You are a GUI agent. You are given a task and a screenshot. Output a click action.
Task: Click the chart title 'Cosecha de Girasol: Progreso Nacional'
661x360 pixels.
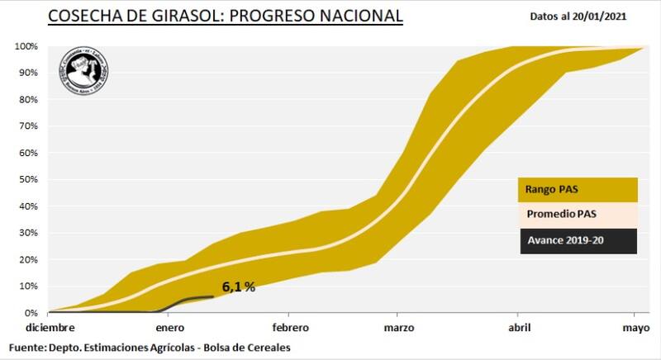[x=226, y=16]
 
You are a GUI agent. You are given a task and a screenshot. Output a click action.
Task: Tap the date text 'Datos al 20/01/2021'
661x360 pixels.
[x=588, y=16]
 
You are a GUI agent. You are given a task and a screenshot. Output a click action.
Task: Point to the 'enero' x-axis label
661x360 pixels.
[x=169, y=327]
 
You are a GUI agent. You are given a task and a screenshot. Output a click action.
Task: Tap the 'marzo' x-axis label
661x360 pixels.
[x=399, y=327]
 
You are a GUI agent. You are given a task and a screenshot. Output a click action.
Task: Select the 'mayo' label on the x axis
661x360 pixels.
[x=635, y=327]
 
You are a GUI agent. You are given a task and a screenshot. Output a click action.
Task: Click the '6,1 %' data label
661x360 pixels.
[x=238, y=287]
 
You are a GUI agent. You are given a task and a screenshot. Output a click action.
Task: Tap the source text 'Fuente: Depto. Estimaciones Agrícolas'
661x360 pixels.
[x=150, y=348]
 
